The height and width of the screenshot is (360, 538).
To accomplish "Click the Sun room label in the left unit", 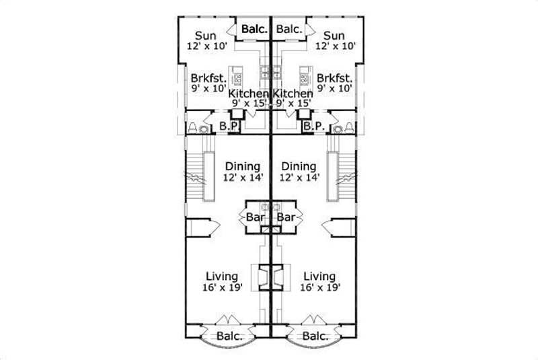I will tap(206, 36).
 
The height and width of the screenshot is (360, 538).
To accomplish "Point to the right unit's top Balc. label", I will tap(289, 30).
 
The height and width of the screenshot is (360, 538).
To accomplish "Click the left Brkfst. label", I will tap(206, 77).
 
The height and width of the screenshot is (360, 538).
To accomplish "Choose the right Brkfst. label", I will tap(335, 77).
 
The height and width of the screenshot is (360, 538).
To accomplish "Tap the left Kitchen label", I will tap(249, 94).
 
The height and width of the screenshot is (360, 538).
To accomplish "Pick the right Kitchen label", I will tap(293, 94).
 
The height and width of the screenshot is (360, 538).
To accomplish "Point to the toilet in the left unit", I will tap(193, 127).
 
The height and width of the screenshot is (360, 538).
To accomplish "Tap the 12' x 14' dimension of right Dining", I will tap(299, 177).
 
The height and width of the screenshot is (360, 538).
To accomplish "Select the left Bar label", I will tap(255, 218).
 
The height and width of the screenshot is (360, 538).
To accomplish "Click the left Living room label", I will tap(222, 277).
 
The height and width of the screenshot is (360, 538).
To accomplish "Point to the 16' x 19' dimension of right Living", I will tap(319, 287).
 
